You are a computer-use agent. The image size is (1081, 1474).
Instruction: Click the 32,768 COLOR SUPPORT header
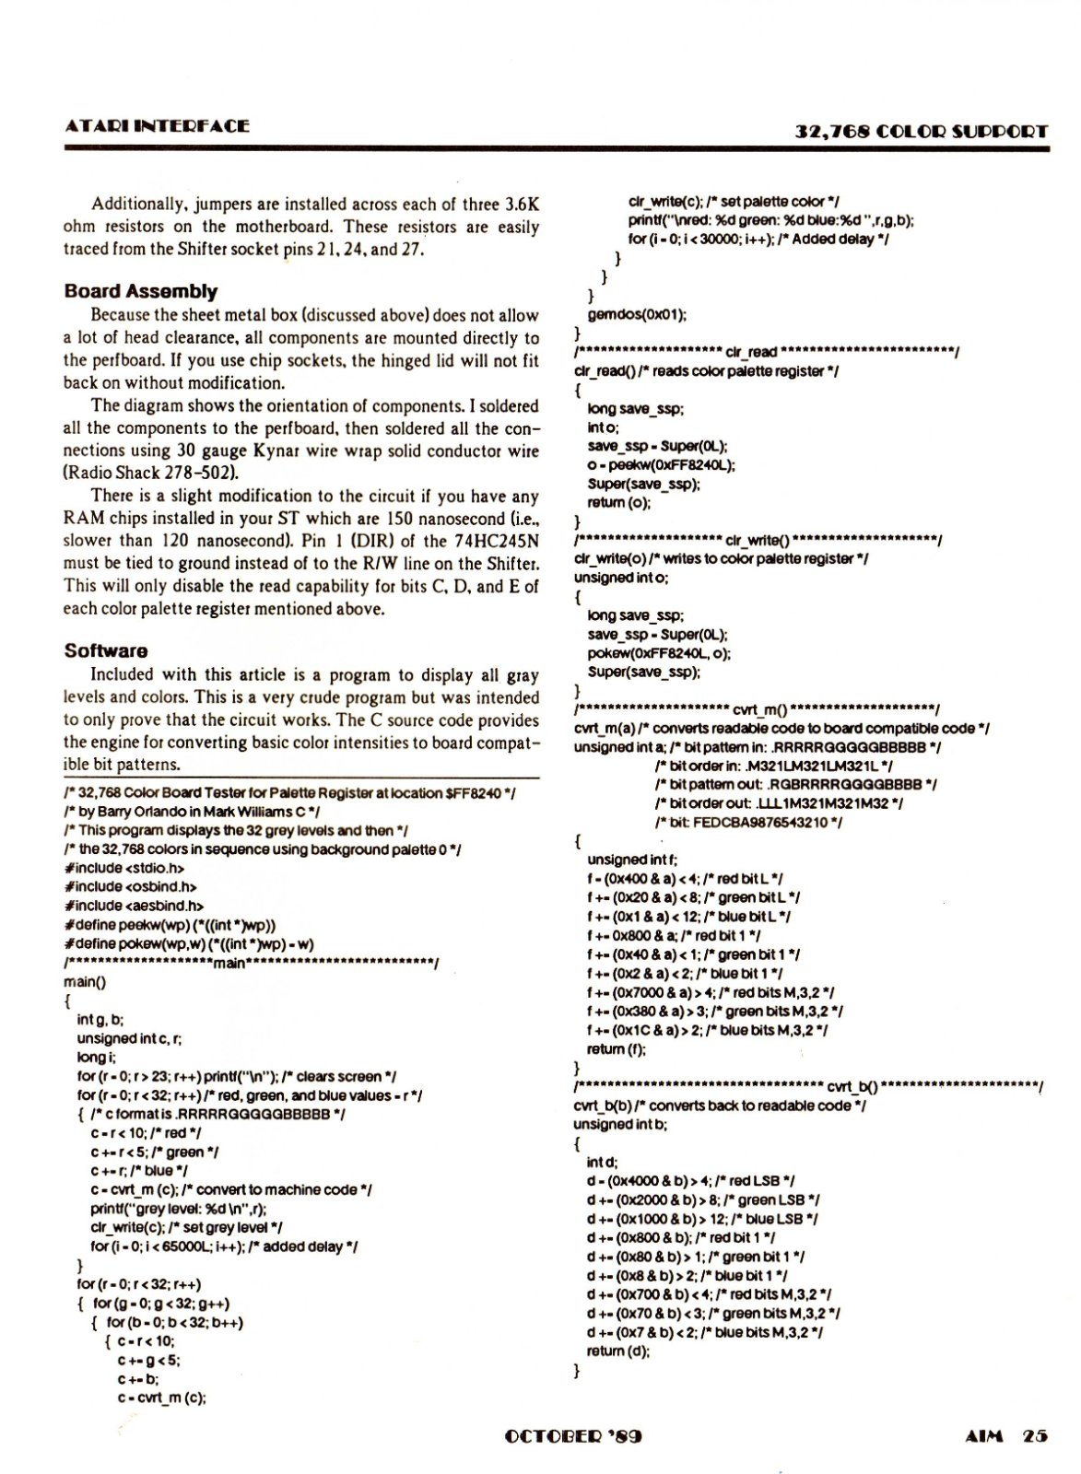[x=922, y=131]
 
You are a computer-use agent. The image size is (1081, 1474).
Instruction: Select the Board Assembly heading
[x=141, y=292]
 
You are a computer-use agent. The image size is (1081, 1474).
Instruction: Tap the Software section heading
[x=106, y=650]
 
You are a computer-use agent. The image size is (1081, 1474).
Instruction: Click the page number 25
[x=1035, y=1435]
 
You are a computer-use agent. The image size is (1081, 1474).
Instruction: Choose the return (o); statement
[x=618, y=503]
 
